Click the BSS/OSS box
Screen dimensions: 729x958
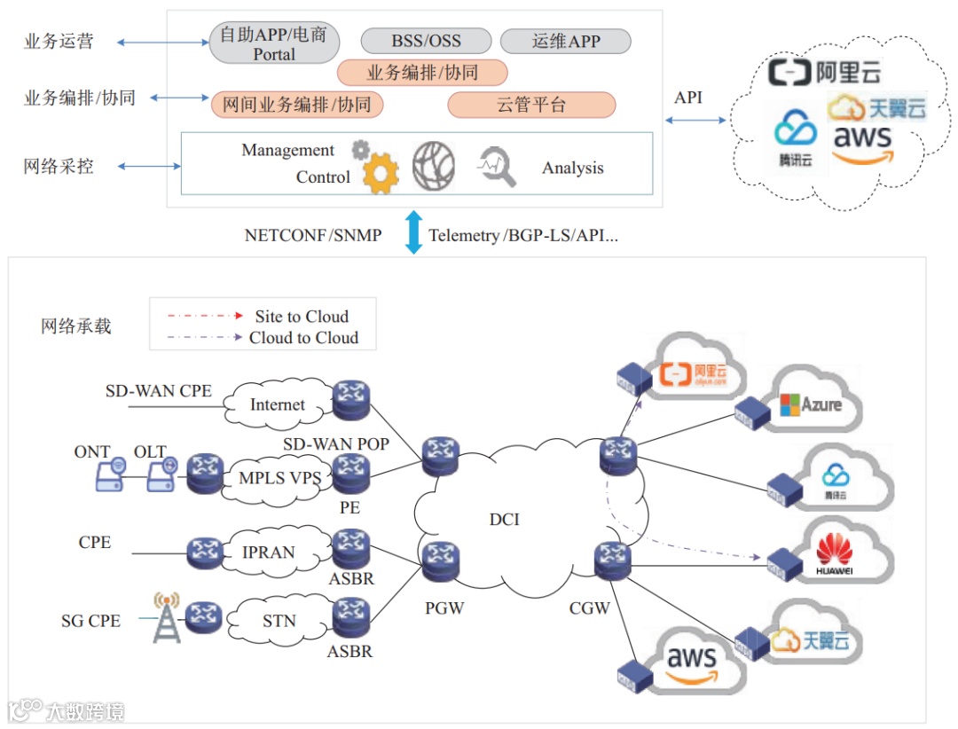click(426, 41)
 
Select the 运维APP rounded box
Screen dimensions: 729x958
click(565, 41)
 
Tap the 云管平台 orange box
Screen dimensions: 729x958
click(531, 105)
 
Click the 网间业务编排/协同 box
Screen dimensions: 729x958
click(297, 105)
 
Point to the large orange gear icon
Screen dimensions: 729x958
click(381, 172)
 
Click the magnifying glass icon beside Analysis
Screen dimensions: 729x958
click(498, 167)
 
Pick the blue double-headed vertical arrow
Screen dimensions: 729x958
click(413, 232)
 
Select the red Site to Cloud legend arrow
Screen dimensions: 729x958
click(203, 316)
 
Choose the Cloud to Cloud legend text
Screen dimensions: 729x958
click(303, 338)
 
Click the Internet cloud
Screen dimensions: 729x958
click(277, 404)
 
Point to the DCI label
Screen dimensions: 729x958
click(504, 519)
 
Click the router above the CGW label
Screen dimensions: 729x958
click(611, 560)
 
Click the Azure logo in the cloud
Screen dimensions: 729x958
click(809, 404)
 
